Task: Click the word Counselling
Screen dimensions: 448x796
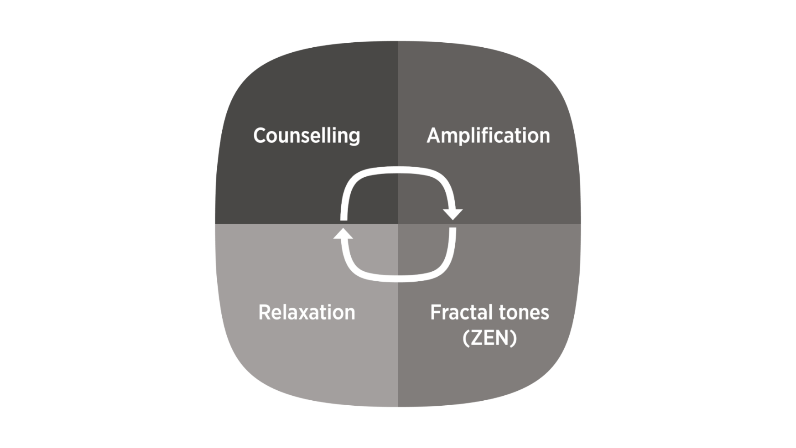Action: click(x=306, y=136)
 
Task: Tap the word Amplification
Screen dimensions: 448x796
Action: click(x=488, y=136)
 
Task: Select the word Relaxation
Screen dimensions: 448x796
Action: click(x=306, y=312)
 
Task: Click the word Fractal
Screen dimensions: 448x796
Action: click(x=460, y=312)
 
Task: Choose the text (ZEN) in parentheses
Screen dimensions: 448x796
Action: click(x=489, y=338)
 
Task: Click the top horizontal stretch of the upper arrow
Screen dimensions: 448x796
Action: click(x=398, y=169)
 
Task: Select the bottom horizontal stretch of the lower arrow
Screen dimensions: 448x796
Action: click(x=398, y=278)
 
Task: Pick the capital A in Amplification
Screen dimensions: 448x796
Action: click(x=434, y=136)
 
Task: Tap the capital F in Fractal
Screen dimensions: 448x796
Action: click(x=435, y=312)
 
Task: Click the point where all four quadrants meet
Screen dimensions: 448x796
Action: click(x=398, y=224)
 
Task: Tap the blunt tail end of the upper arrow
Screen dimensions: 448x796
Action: click(x=343, y=218)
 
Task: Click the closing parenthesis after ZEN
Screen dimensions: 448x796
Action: click(x=514, y=338)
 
